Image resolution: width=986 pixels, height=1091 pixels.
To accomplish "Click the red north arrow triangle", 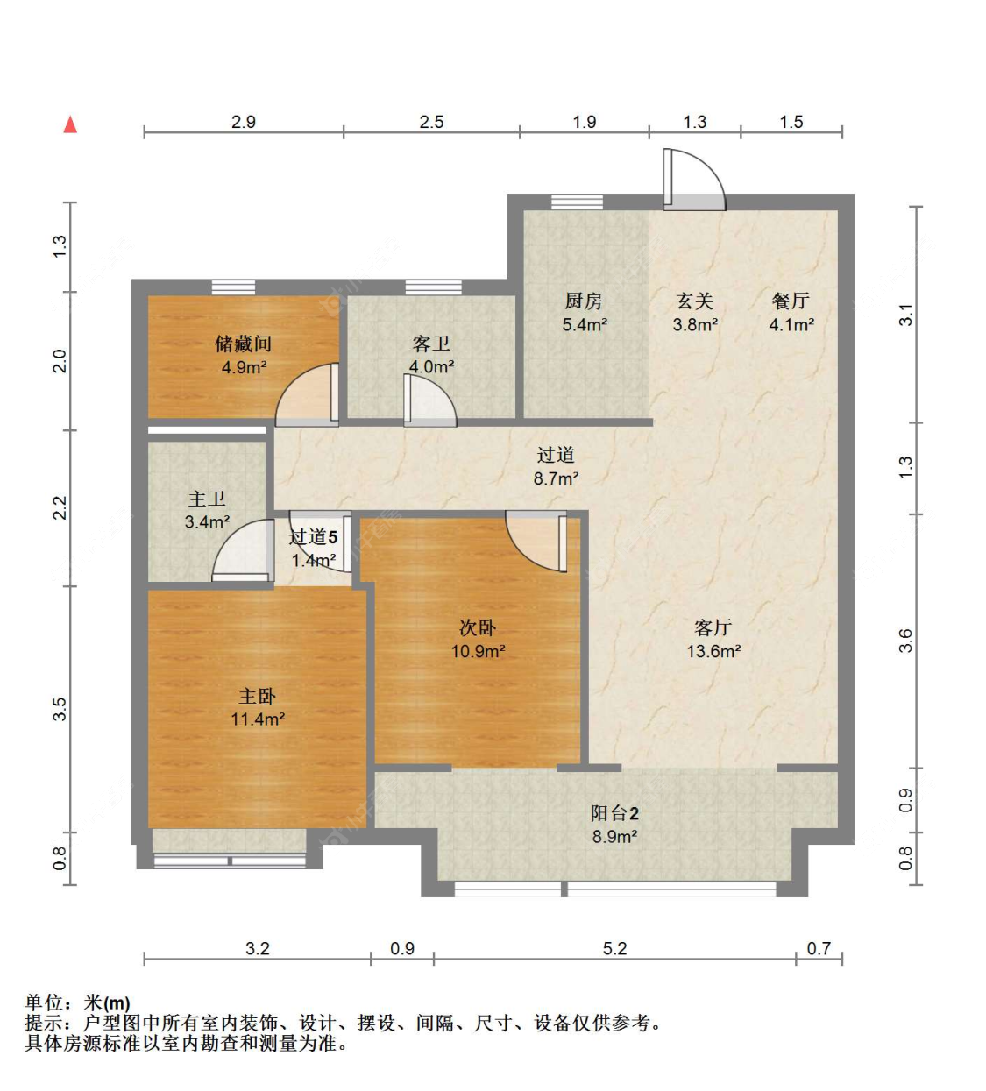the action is click(70, 124).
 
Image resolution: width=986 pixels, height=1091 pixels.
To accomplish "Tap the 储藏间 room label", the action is click(243, 344).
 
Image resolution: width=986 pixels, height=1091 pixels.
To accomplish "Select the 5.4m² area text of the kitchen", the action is click(585, 325).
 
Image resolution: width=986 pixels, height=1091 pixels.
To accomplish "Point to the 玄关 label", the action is click(694, 301).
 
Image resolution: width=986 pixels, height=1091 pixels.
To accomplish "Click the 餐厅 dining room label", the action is click(791, 301).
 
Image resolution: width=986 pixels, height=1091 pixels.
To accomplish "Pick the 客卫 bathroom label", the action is click(431, 344).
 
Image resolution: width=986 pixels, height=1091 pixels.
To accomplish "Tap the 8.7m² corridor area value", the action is click(556, 478).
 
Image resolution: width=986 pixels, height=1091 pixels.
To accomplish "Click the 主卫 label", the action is click(207, 499).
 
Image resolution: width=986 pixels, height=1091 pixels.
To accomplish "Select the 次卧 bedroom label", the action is click(477, 628).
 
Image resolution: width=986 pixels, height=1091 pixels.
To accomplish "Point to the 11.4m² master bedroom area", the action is click(258, 719).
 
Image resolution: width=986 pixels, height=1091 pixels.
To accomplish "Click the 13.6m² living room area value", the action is click(713, 652).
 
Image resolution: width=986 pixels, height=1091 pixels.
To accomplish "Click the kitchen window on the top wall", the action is click(577, 202).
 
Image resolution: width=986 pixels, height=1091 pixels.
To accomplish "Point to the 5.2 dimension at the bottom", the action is click(615, 949).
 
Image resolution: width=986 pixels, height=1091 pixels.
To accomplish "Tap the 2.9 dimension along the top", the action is click(244, 122).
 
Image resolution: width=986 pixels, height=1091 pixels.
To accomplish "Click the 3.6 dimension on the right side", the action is click(904, 640).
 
